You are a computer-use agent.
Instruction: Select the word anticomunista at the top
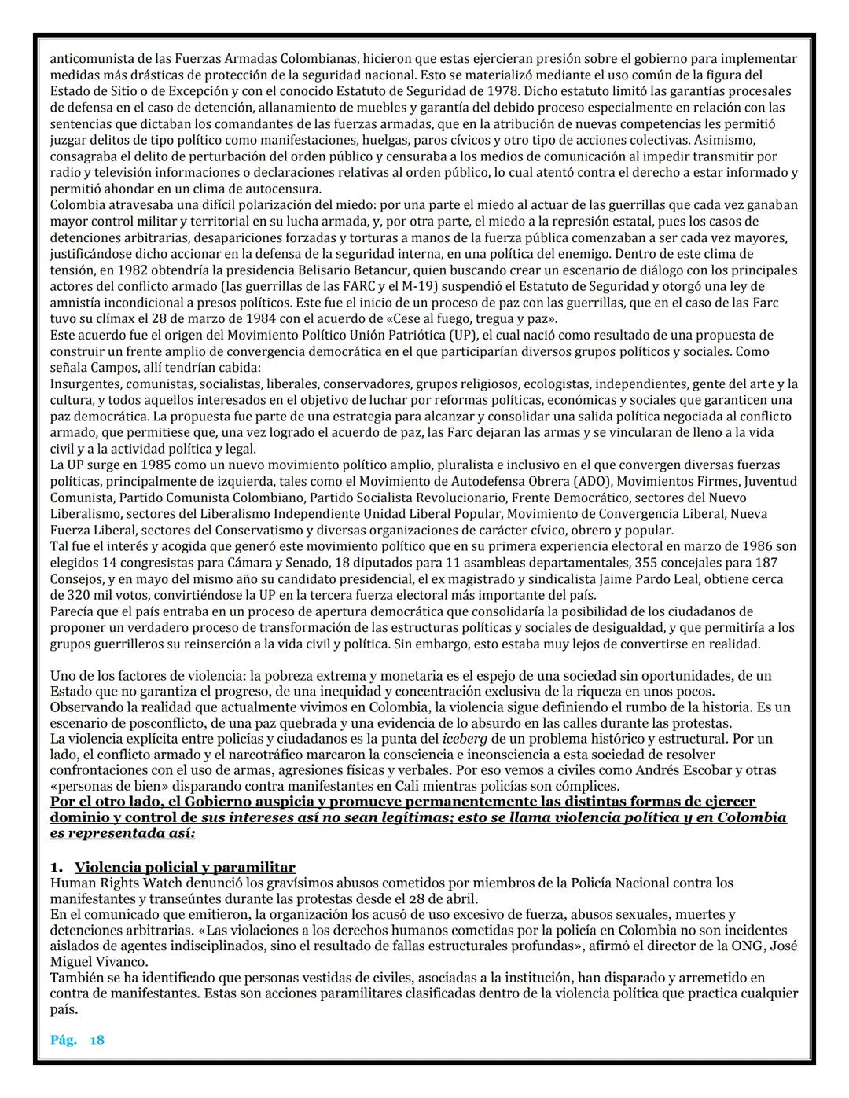click(x=86, y=58)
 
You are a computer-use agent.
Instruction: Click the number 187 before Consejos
click(x=761, y=563)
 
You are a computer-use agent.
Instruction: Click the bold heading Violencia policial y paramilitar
click(x=185, y=868)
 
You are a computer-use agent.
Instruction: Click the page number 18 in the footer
click(x=97, y=1040)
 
